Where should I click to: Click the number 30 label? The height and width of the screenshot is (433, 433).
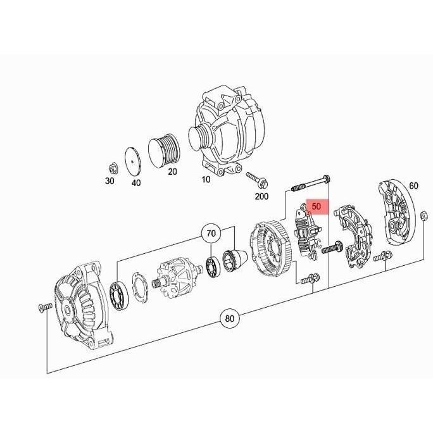tap(109, 180)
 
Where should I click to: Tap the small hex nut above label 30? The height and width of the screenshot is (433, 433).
tap(112, 168)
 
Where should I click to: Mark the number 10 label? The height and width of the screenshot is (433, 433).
tap(206, 180)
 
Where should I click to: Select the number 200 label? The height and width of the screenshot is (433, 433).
tap(261, 196)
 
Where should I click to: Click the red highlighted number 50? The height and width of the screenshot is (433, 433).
tap(317, 206)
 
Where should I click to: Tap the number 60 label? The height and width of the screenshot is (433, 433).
tap(413, 185)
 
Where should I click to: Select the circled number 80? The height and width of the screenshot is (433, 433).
tap(231, 318)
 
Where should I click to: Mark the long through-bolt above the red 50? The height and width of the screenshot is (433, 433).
tap(310, 184)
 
